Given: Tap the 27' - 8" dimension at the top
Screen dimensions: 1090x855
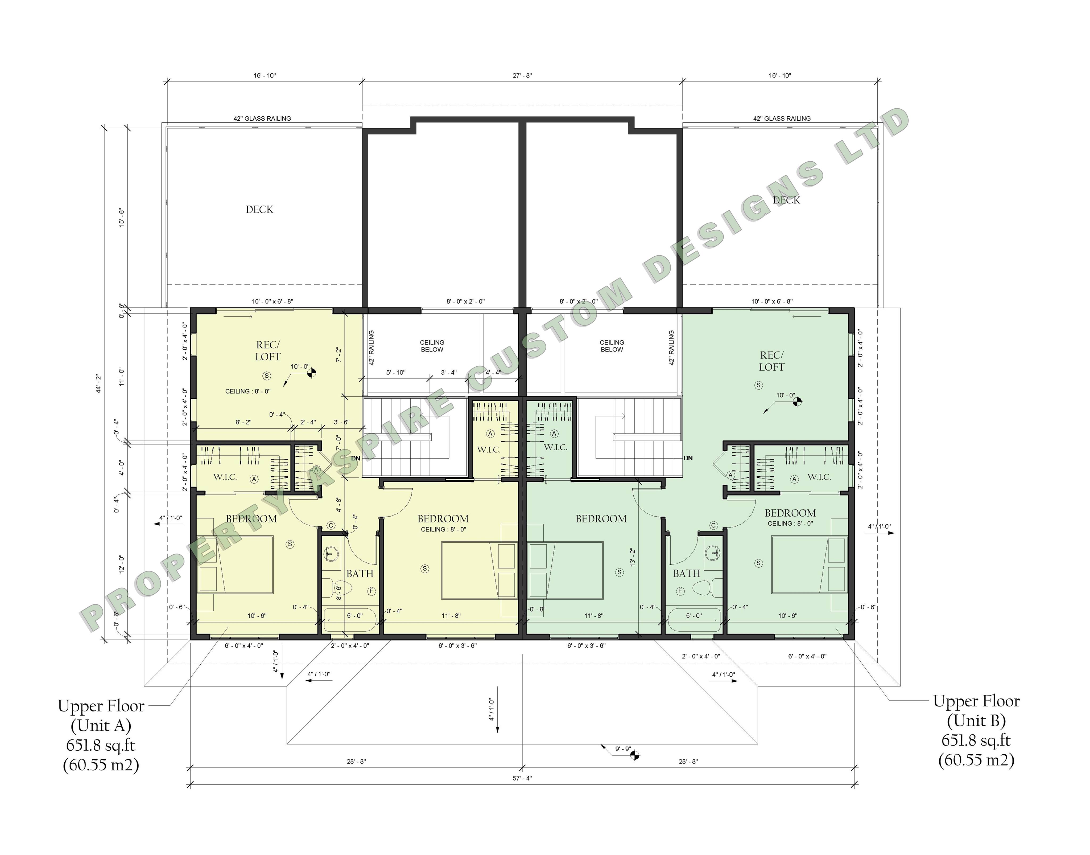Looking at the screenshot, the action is point(522,76).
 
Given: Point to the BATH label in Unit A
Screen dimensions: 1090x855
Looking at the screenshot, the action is point(360,574).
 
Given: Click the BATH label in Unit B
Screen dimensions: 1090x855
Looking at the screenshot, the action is point(686,574).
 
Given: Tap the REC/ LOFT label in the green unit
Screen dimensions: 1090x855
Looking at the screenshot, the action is point(772,361).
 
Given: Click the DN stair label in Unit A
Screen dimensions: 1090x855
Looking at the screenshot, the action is point(356,458).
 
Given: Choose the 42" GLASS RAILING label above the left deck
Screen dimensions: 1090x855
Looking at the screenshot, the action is point(262,119).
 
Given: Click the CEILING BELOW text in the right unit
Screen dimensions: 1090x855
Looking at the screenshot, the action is point(612,346).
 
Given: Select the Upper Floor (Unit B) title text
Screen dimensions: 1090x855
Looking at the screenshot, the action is point(976,711).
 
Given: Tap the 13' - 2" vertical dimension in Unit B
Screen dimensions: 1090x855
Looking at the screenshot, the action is point(633,557).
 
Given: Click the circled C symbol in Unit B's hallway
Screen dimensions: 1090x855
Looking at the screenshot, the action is point(713,526).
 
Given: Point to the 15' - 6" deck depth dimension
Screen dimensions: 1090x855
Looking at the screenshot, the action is point(121,218).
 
